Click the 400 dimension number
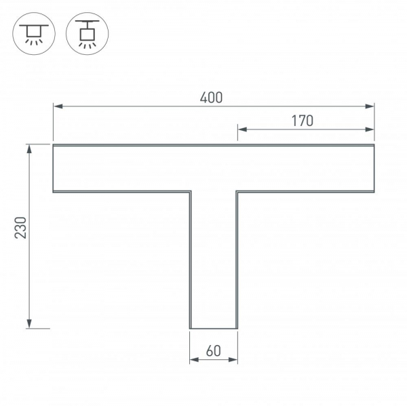(212, 98)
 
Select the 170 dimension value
(302, 121)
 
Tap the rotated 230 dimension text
(21, 228)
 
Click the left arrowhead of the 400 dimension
(57, 106)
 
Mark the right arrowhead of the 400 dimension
(370, 106)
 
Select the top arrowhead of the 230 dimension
(29, 148)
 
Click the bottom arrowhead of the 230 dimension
(29, 324)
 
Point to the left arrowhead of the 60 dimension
(193, 359)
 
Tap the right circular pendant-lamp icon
(85, 33)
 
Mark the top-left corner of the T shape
(54, 144)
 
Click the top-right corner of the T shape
(374, 144)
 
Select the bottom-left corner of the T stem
(190, 329)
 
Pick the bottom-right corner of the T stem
(237, 329)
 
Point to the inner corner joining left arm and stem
(190, 192)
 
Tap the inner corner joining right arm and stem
(237, 192)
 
